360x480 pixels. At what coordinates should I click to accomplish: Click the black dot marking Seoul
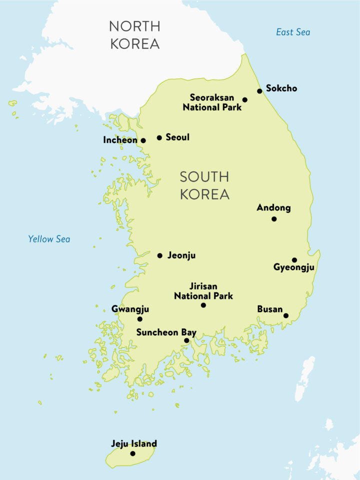pos(159,137)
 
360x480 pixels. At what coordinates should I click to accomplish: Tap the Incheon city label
pos(120,140)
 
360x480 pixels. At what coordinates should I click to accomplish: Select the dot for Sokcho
pos(259,91)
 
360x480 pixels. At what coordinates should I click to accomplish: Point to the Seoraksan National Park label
pos(212,102)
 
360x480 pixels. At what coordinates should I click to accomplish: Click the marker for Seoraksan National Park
pos(245,100)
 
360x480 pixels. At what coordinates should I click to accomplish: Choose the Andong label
pos(273,207)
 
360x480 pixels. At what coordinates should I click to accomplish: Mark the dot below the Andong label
pos(274,219)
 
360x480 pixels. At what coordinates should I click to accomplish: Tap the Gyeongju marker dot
pos(294,260)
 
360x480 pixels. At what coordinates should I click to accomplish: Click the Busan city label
pos(269,309)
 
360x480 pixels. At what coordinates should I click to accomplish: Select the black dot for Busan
pos(286,315)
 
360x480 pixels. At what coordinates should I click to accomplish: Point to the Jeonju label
pos(181,255)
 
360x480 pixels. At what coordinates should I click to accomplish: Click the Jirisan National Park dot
pos(203,305)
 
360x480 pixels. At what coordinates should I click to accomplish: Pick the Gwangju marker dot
pos(139,319)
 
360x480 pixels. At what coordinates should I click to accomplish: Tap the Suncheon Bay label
pos(166,332)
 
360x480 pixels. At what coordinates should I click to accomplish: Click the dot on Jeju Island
pos(132,453)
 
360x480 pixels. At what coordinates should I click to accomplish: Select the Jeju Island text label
pos(133,443)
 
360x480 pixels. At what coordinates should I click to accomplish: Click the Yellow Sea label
pos(49,239)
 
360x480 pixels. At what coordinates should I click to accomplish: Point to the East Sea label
pos(293,32)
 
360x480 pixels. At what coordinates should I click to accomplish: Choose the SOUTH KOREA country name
pos(204,185)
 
